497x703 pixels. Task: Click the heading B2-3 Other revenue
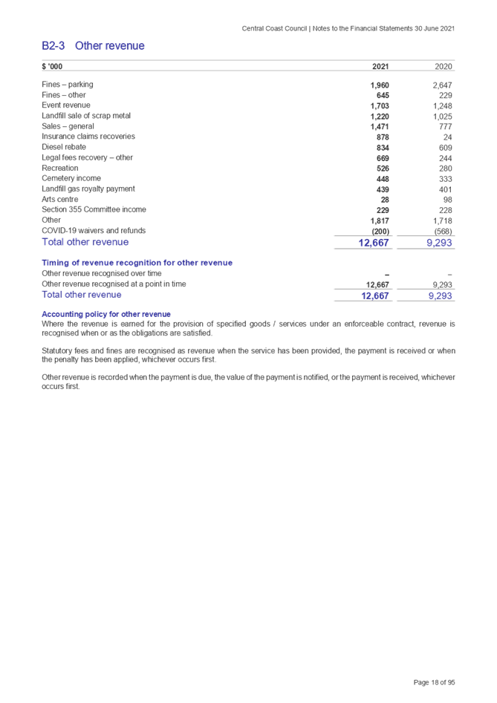[x=93, y=46]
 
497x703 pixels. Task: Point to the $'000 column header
[x=52, y=67]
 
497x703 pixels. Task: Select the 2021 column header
[x=380, y=67]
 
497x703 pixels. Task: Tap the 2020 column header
[x=444, y=67]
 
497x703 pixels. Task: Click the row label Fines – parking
[x=68, y=85]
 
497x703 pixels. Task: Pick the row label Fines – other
[x=65, y=95]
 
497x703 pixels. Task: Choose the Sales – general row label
[x=69, y=126]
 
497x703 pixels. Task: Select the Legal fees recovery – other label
[x=88, y=157]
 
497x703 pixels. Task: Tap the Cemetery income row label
[x=72, y=178]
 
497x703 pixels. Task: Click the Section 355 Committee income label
[x=94, y=210]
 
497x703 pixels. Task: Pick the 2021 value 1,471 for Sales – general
[x=380, y=127]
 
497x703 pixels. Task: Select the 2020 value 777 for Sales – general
[x=446, y=127]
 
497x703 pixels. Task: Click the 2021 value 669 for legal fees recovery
[x=383, y=158]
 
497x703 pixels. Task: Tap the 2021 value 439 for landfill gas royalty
[x=383, y=189]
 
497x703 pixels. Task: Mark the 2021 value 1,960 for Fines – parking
[x=380, y=85]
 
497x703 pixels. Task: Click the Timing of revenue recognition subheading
[x=137, y=263]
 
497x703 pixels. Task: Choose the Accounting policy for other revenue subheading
[x=106, y=314]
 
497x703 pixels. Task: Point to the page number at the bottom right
[x=434, y=682]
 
